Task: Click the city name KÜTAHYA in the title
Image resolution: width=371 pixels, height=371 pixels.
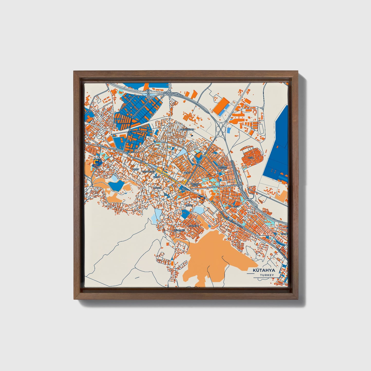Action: tap(264, 270)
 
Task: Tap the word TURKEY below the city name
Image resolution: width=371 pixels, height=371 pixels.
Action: tap(267, 275)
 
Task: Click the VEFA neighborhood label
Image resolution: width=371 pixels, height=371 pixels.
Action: tap(251, 157)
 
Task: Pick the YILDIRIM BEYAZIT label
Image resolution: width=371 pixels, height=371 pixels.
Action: tap(223, 167)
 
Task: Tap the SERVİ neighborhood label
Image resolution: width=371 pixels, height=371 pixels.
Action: tap(186, 173)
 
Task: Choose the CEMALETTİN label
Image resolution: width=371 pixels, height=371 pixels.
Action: tap(149, 171)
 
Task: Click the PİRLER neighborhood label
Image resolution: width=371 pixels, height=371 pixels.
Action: tap(157, 177)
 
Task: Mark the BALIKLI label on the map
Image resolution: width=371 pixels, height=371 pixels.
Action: tap(157, 188)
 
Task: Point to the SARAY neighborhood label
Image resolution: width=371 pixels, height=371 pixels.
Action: tap(189, 205)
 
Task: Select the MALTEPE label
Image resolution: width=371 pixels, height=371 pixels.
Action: tap(194, 226)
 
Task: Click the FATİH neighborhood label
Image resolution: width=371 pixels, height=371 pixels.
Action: tap(236, 206)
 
